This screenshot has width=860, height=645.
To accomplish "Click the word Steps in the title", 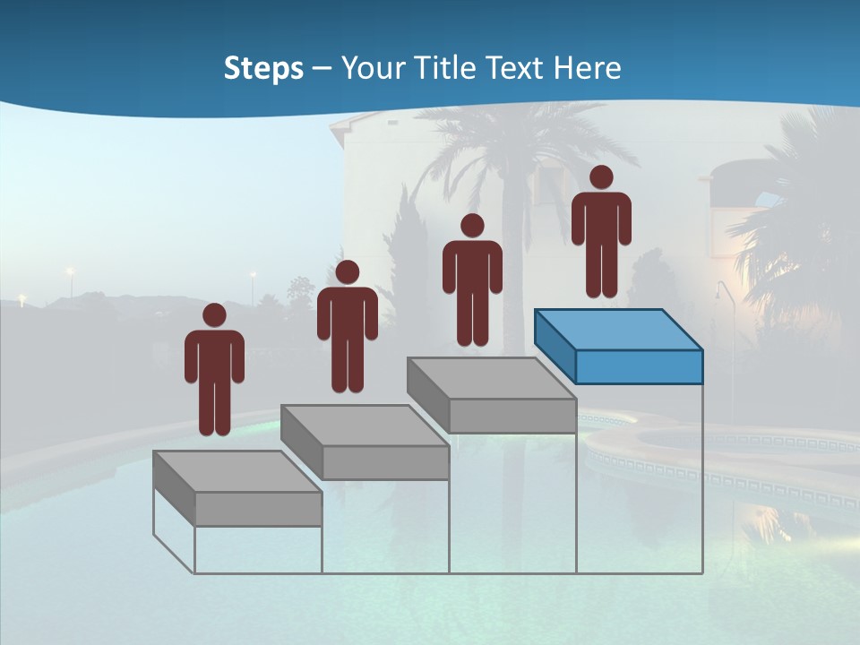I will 263,68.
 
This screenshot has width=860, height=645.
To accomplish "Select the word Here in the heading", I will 587,68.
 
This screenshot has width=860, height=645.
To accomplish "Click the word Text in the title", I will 515,68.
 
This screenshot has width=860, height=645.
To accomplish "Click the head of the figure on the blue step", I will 601,177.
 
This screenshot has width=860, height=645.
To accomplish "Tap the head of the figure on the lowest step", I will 214,315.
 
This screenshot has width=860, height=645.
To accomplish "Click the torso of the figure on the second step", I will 348,314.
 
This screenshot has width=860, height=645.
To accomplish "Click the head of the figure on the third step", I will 472,226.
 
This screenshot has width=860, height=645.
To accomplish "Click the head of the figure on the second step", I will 348,272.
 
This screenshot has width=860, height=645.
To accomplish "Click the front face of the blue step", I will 639,366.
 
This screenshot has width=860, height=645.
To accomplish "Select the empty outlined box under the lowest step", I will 258,549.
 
